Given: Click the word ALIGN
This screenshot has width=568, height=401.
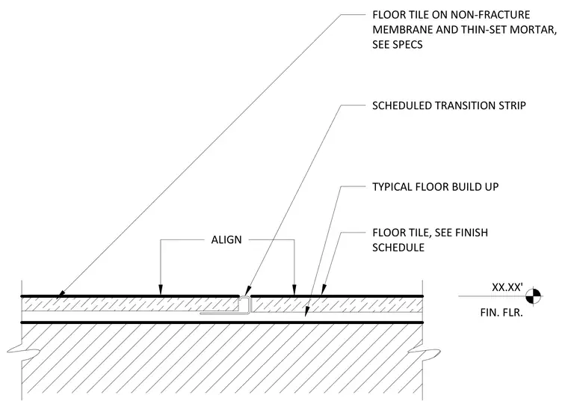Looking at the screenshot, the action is point(226,239).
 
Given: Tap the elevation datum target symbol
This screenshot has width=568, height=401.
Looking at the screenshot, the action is point(534,296).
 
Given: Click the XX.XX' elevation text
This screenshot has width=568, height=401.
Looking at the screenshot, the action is point(507,287).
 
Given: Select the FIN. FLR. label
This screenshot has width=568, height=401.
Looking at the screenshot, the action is point(501,313).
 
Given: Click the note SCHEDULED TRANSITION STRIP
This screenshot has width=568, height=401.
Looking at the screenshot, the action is point(449,105).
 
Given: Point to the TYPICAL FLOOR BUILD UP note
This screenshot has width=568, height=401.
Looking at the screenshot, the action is point(436,187).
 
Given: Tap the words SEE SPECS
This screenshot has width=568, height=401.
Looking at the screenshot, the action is point(398,45).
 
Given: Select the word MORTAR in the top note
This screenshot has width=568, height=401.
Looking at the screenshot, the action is point(532,30).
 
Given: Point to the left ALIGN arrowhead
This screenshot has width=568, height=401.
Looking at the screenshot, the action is point(161,290).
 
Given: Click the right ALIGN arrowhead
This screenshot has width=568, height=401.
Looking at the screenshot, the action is point(294,290).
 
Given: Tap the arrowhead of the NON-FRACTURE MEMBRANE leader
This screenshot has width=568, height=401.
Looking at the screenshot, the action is point(61,294).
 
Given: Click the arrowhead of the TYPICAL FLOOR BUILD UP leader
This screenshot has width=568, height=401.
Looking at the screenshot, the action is point(307,311).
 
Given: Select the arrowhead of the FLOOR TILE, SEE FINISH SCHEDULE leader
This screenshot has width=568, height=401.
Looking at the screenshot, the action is point(323,290).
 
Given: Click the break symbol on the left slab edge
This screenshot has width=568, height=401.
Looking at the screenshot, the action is point(23,351).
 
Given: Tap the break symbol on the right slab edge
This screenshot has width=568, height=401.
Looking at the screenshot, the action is point(424,352).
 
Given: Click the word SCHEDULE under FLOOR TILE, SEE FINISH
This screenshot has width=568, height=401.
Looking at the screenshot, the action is point(398,248).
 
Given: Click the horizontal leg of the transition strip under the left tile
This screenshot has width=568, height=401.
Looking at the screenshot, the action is point(223,313).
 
